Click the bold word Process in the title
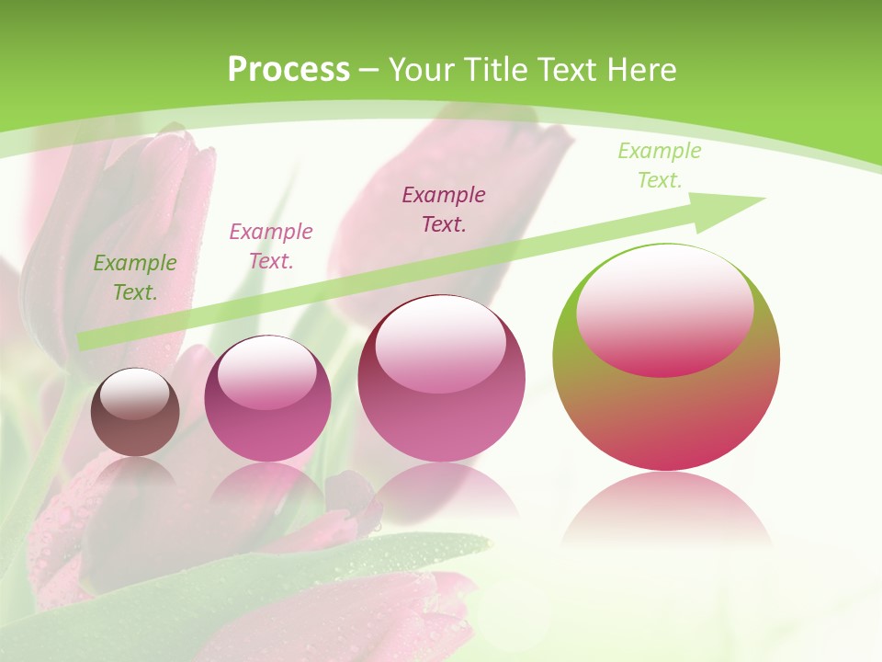(288, 70)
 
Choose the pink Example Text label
(271, 246)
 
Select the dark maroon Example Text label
(444, 209)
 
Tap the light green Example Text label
(660, 165)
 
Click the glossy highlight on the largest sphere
(664, 313)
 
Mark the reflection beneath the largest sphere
(666, 510)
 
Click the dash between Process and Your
(369, 70)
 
